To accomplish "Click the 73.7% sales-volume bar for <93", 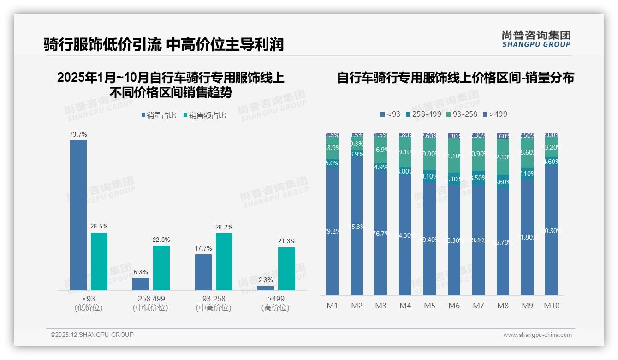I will (78, 215).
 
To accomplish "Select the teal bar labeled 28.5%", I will (99, 261).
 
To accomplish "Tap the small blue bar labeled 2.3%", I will (266, 288).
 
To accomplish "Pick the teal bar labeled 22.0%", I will (161, 268).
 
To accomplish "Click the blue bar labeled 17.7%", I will (203, 272).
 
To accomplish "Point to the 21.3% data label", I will (287, 241).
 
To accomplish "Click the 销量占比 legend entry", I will (159, 115).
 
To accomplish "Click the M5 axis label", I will (429, 306).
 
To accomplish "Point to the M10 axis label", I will (552, 306).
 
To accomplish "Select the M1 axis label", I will (332, 306).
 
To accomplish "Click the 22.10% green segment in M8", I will (503, 157).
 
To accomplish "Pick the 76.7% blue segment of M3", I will (380, 234).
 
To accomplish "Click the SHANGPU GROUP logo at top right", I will (536, 39).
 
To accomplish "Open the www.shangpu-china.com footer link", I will (537, 335).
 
